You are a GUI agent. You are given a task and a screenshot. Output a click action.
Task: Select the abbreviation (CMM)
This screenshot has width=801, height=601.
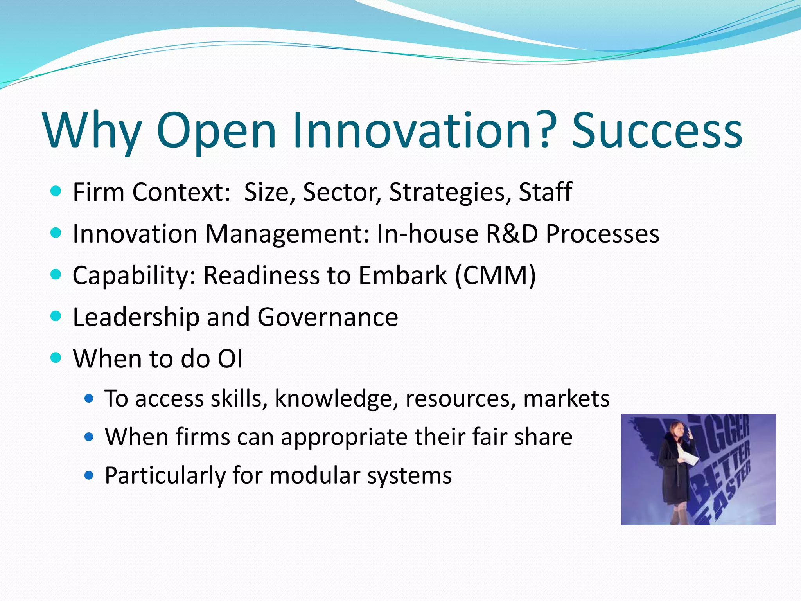tap(495, 275)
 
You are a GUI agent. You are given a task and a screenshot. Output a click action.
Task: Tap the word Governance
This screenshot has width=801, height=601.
tap(328, 317)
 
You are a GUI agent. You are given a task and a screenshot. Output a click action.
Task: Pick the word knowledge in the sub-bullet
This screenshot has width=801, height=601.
tap(336, 399)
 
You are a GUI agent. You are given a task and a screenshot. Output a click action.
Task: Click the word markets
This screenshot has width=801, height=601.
tap(566, 398)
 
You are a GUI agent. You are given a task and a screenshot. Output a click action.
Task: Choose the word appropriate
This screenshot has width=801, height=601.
tap(344, 437)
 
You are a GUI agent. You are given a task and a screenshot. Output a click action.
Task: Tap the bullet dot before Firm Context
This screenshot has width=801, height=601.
tap(56, 191)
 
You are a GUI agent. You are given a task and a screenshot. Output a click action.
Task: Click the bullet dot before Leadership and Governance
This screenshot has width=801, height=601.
tap(56, 316)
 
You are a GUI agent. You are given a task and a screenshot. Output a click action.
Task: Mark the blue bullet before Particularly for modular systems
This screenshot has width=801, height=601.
tap(89, 475)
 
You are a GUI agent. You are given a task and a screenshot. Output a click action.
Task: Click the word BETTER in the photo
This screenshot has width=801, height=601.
tap(722, 473)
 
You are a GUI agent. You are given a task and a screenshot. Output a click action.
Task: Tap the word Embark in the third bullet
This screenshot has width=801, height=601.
tap(402, 275)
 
